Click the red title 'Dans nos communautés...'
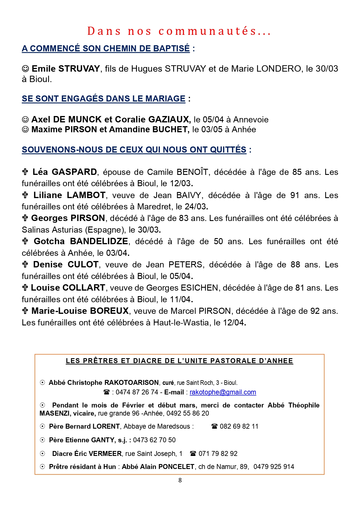[179, 31]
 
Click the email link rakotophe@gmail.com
[223, 392]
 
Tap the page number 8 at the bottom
[180, 480]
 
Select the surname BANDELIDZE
[99, 241]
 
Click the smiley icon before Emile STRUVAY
[26, 69]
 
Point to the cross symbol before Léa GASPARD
[25, 172]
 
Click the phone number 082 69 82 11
[239, 426]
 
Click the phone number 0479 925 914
[274, 467]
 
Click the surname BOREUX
[109, 311]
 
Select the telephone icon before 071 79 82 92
[193, 454]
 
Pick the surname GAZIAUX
[169, 119]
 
